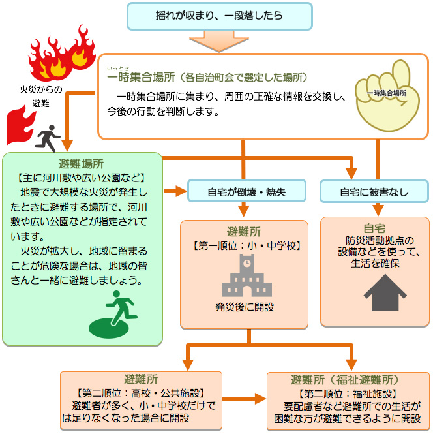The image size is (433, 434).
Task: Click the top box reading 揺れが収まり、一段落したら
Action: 219,16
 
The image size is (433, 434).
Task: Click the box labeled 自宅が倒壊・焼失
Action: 246,192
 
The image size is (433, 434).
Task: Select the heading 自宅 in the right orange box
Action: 374,228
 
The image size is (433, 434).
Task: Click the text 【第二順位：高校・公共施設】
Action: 141,393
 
